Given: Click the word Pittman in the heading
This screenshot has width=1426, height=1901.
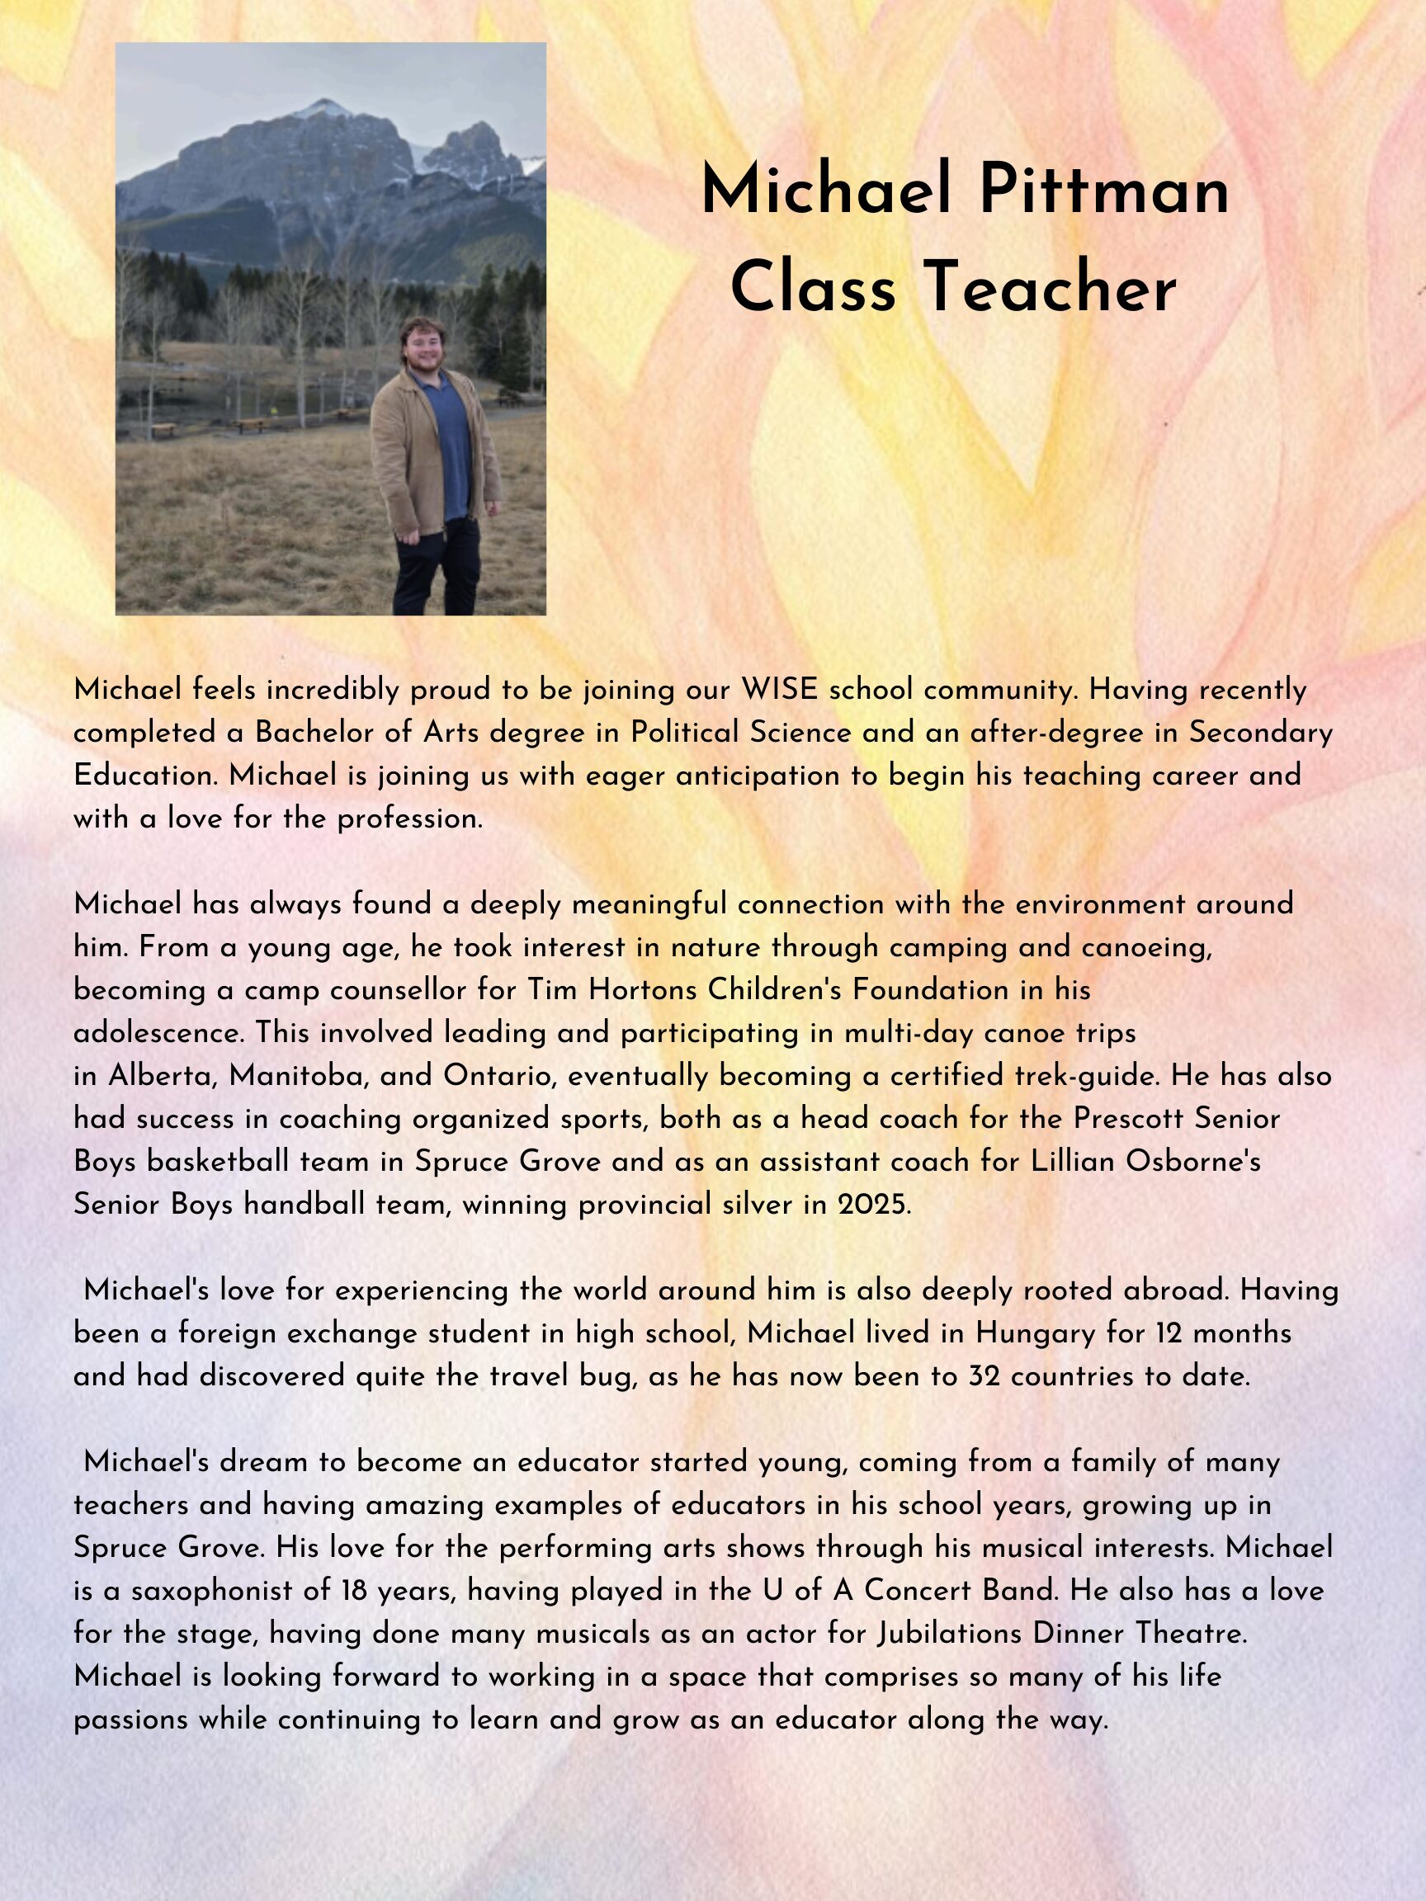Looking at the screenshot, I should (x=1103, y=190).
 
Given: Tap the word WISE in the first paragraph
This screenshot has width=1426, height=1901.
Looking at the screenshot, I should (x=780, y=689).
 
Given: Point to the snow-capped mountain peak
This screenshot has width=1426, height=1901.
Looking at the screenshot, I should (x=325, y=109).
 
